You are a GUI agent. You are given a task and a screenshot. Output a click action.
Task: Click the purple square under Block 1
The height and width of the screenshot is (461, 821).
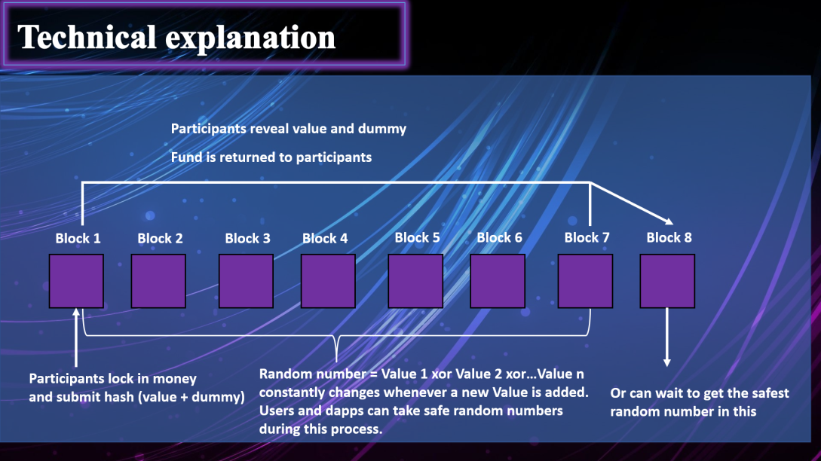76,281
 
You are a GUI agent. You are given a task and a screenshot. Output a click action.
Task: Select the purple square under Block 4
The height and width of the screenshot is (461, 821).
328,281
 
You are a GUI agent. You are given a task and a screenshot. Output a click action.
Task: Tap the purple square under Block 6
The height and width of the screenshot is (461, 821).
498,281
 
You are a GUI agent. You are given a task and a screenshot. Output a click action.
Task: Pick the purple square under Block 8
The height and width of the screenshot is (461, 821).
667,281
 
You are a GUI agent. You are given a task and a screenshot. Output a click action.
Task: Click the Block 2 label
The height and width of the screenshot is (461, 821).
160,238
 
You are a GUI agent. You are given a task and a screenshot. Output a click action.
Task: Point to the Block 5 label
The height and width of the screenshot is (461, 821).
417,237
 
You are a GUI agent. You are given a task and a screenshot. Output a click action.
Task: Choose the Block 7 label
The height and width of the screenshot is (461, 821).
587,237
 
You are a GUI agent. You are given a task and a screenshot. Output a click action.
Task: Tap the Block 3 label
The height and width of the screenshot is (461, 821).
247,238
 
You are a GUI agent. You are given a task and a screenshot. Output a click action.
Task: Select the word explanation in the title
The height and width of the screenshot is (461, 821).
255,38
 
